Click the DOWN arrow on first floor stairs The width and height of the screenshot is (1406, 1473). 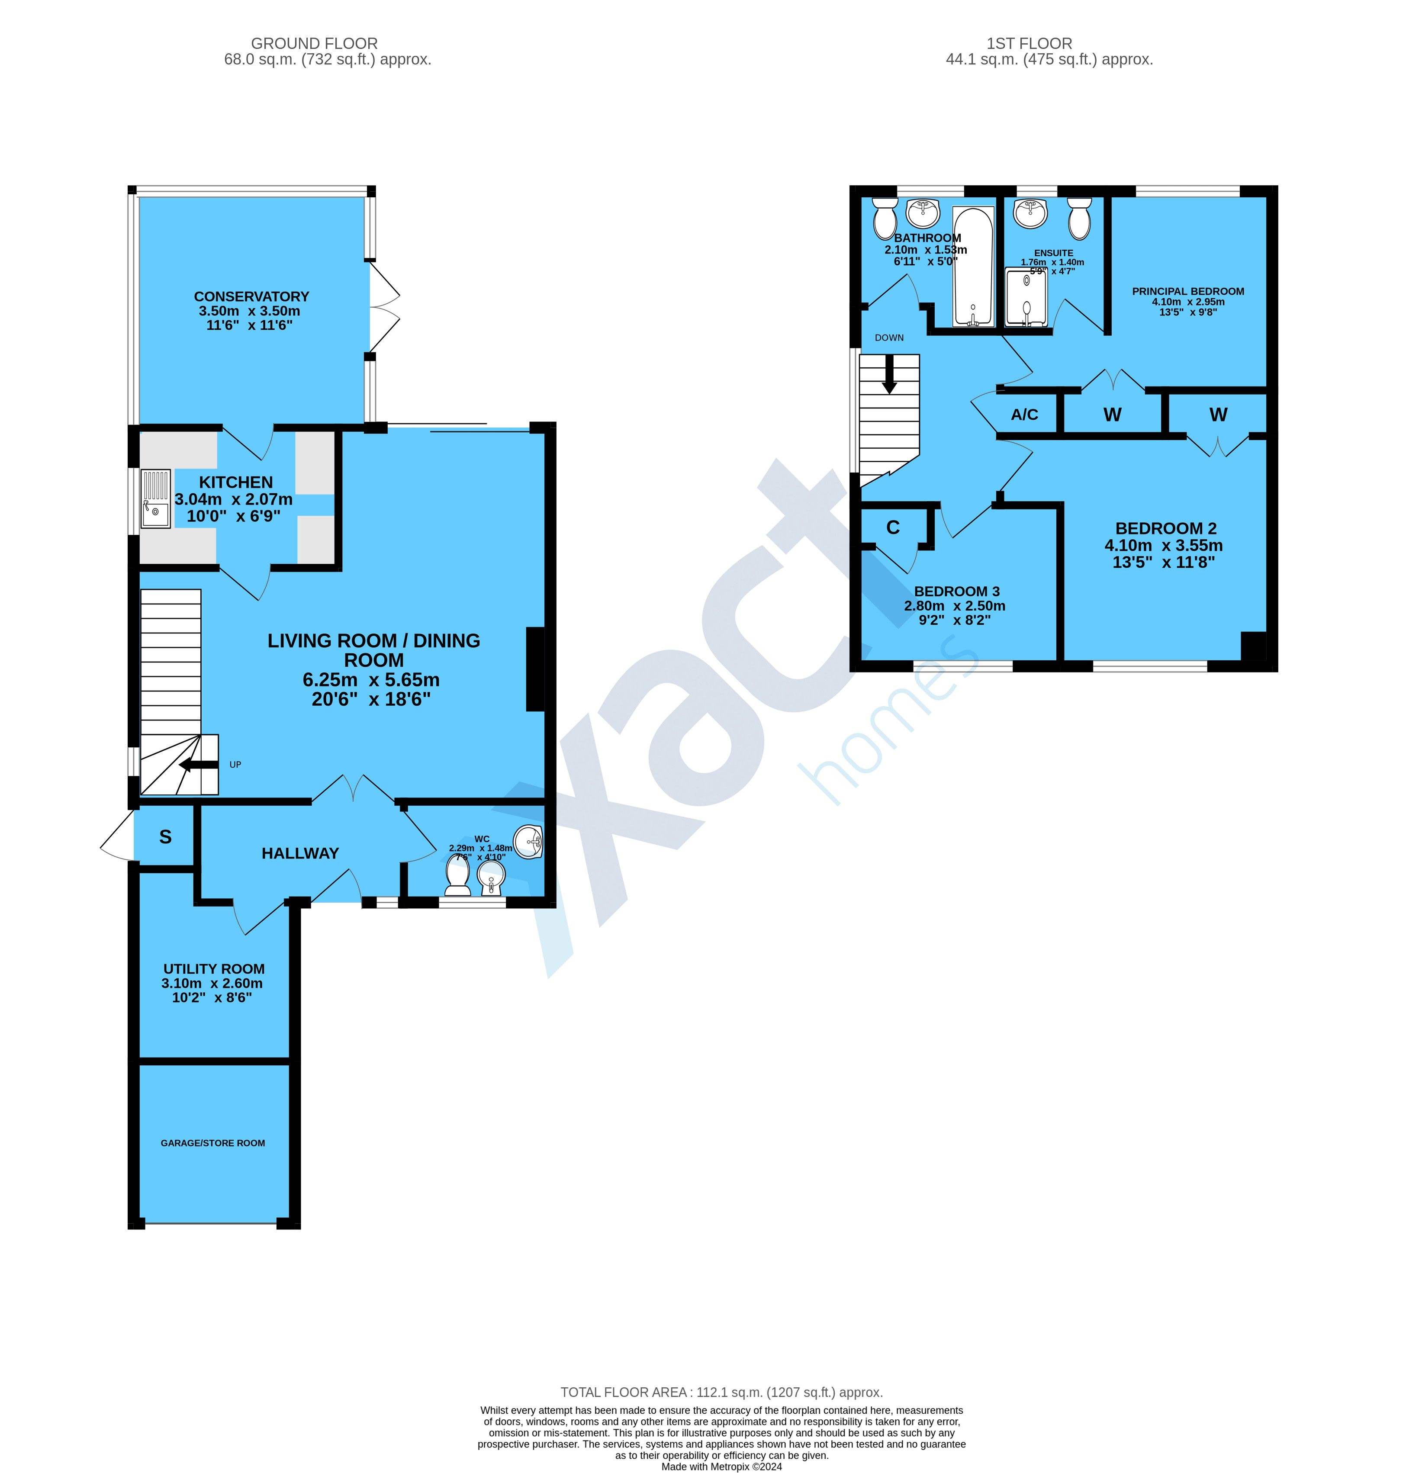[890, 375]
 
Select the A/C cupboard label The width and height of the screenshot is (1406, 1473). [1024, 414]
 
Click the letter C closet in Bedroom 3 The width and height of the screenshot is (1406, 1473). [893, 527]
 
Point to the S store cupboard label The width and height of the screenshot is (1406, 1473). [165, 837]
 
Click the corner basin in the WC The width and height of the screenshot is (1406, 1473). [530, 841]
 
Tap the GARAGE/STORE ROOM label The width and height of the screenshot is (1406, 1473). [213, 1142]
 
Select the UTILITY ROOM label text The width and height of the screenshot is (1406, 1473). [214, 969]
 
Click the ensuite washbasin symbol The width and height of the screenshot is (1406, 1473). [1030, 213]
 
